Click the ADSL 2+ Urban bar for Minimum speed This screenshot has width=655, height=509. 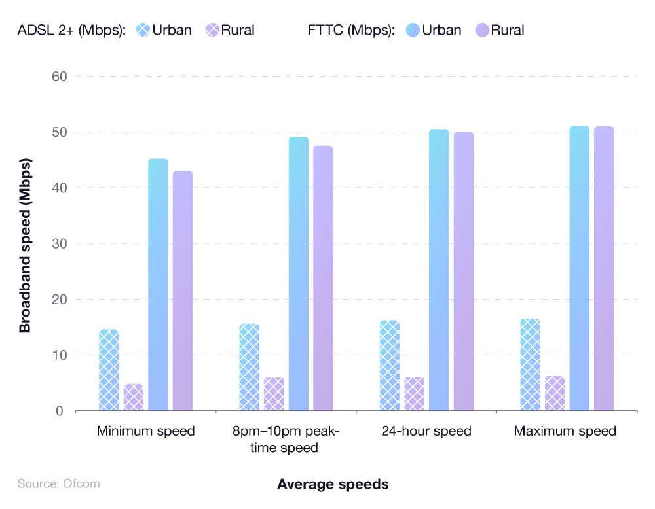109,370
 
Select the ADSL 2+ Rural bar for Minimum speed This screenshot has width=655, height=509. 134,397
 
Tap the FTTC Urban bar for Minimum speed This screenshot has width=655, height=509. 158,285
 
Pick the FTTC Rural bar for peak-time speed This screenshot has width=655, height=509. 323,279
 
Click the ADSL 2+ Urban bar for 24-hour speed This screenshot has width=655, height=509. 389,366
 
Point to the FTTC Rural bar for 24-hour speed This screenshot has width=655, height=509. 463,272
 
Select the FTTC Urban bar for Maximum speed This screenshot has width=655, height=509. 579,269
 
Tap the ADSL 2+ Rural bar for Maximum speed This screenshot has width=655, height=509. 555,394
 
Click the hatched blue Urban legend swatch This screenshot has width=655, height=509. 143,30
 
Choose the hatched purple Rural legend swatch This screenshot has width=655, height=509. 212,30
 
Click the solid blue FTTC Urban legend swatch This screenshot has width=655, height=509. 413,30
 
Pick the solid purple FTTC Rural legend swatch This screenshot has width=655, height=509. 482,30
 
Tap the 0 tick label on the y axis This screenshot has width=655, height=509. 59,411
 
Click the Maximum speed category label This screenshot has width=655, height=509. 565,431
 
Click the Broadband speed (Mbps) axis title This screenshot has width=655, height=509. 25,244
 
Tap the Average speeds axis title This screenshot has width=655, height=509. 333,485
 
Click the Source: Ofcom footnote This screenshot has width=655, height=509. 59,484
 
